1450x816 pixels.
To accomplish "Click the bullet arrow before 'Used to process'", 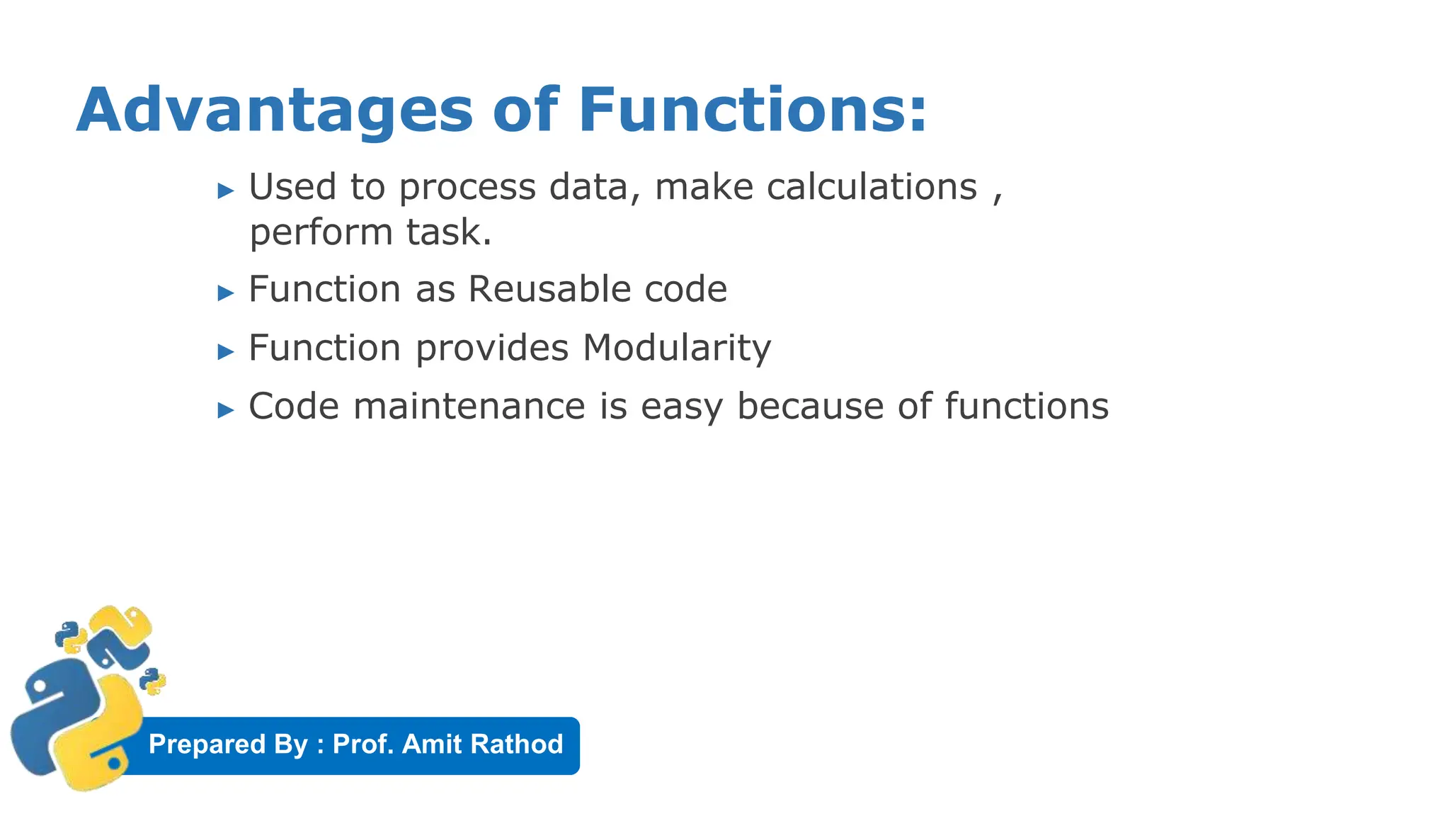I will pos(226,190).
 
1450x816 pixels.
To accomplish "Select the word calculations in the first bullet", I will pos(872,187).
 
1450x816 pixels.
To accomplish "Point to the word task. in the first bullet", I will pos(449,232).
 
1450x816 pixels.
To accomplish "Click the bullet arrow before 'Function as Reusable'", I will pos(226,293).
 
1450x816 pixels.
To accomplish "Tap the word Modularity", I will pos(676,348).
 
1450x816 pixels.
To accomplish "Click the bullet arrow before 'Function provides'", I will pos(226,351).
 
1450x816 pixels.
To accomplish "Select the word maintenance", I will pos(469,407).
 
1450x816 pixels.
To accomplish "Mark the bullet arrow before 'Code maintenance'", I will pos(226,410).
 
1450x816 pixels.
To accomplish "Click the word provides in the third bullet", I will pos(491,349).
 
